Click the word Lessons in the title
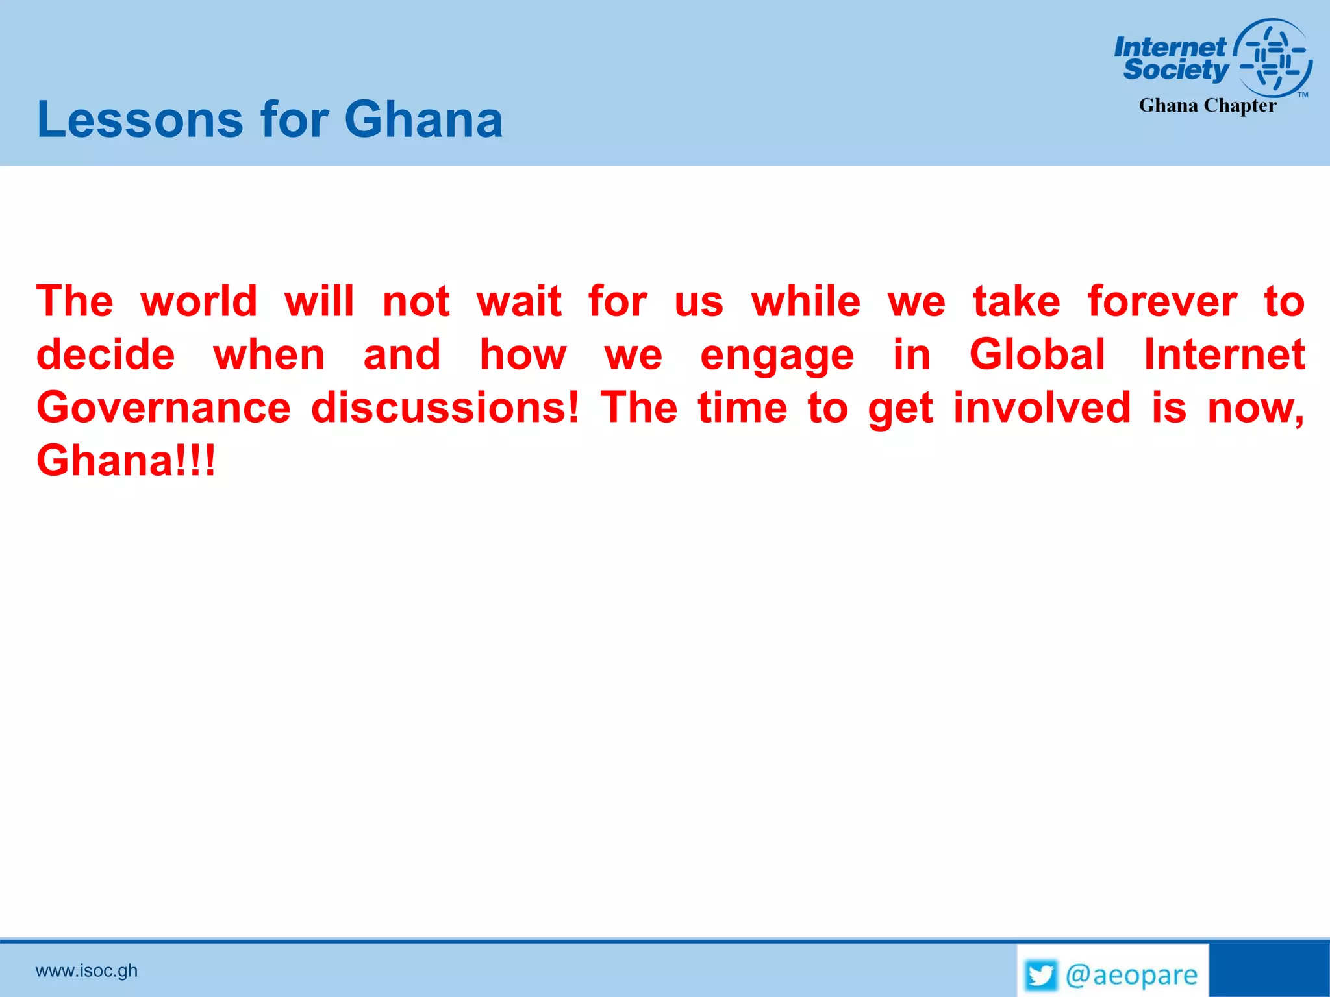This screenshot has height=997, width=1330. (140, 119)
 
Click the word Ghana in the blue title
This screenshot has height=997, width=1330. (423, 119)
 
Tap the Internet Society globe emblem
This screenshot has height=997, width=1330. (1273, 58)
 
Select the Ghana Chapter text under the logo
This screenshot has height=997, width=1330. (1207, 105)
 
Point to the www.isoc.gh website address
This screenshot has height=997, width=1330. (86, 970)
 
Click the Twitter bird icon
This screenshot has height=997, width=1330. (1041, 975)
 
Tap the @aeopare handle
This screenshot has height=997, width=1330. (1131, 975)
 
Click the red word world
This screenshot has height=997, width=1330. (199, 302)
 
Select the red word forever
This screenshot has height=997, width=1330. (1162, 302)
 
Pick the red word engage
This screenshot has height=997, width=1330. (777, 356)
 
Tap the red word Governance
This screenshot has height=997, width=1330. (164, 408)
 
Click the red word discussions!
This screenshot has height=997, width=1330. (444, 408)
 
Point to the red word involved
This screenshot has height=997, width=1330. (1042, 408)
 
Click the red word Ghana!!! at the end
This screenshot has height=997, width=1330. (125, 461)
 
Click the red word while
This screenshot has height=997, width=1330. (806, 302)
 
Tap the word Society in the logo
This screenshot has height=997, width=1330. (1175, 69)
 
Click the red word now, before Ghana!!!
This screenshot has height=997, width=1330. (1255, 409)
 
